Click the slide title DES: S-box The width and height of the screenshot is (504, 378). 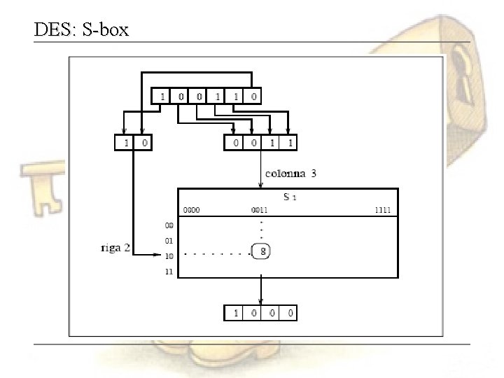tap(80, 30)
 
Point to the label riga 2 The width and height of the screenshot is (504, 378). tap(114, 248)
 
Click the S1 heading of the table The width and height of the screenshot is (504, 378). tap(289, 197)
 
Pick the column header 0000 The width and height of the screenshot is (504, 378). tap(192, 210)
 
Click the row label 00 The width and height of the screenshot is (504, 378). tap(169, 225)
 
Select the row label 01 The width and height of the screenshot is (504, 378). tap(169, 241)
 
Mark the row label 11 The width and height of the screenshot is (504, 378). tap(169, 272)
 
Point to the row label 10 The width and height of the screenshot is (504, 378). tap(169, 256)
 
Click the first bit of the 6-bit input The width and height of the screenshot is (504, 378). tap(163, 97)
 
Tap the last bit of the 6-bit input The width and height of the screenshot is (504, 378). tap(253, 97)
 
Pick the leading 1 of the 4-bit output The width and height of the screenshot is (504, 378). tap(234, 313)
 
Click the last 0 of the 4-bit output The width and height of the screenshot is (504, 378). tap(289, 313)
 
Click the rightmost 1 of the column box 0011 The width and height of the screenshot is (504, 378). tap(290, 142)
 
